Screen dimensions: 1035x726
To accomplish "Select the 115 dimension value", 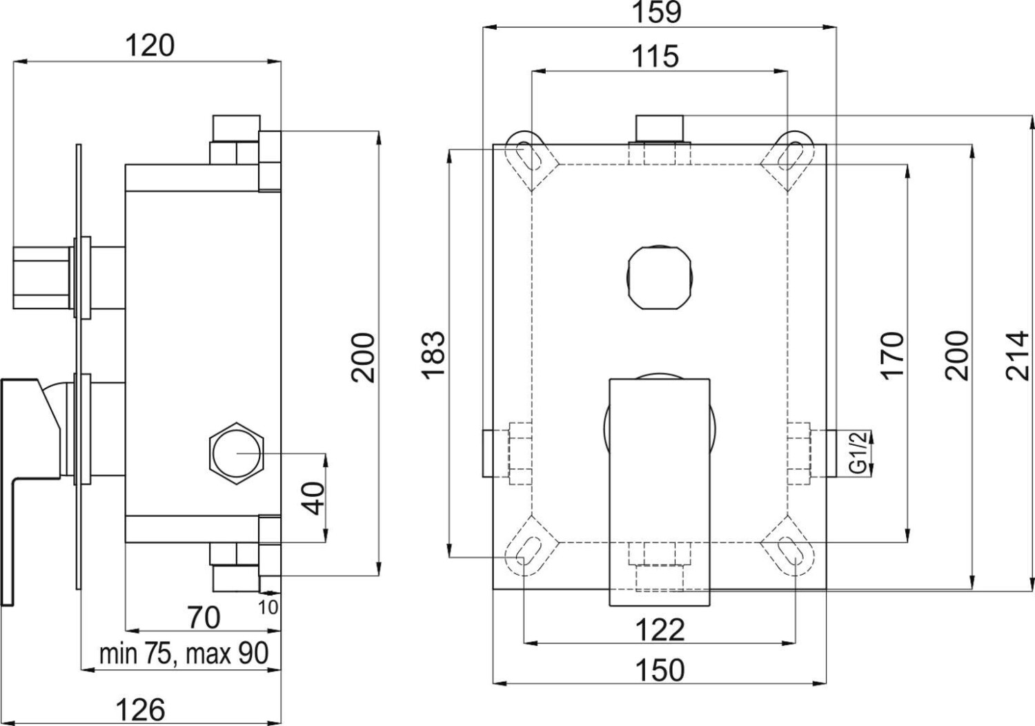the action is [655, 55].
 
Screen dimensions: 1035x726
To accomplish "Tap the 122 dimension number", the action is [660, 629].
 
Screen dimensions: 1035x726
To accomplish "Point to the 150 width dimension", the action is [660, 669].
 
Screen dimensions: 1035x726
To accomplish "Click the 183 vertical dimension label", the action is [434, 355].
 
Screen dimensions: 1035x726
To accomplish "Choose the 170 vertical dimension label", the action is [891, 355].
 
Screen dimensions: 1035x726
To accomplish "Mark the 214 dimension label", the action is [1017, 355].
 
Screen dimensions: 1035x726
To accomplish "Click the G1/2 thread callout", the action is [857, 453].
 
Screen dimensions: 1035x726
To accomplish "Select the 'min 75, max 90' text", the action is [184, 653].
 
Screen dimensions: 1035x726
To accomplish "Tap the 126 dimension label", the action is [141, 709].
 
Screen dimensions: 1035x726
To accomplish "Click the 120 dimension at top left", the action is [150, 46].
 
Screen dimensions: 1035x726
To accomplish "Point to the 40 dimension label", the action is [314, 498].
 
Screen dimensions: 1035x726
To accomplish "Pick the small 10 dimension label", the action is [270, 607].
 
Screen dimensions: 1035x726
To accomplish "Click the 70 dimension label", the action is [204, 616].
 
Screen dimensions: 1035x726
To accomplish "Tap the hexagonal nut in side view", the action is [237, 453].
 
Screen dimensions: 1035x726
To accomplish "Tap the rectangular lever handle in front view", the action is [659, 491].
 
